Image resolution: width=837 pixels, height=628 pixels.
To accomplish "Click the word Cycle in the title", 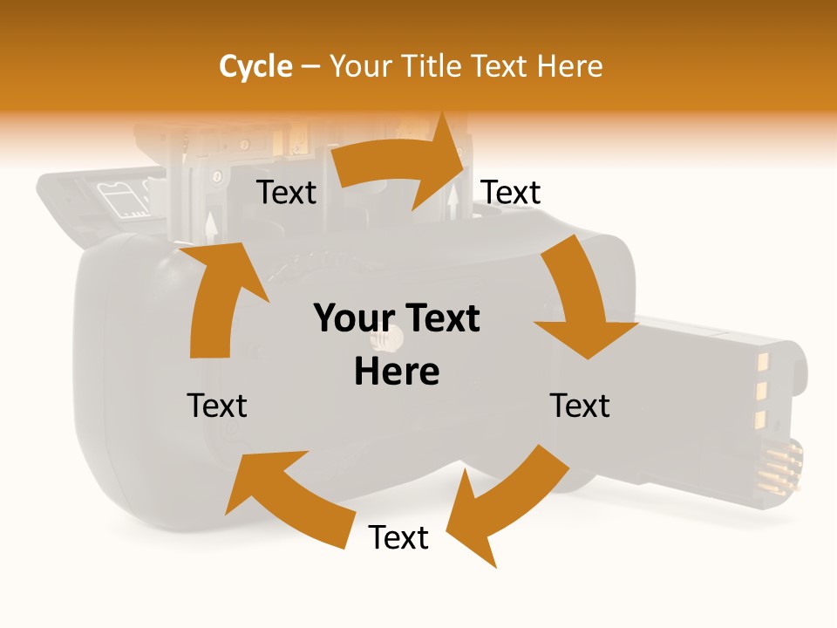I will (x=255, y=66).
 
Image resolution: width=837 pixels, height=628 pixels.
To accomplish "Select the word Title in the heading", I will (x=433, y=66).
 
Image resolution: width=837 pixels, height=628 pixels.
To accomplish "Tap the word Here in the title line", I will (x=569, y=66).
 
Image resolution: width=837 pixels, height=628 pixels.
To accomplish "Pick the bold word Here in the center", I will (x=397, y=372).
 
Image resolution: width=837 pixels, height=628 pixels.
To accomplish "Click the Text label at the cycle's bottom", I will (x=398, y=538).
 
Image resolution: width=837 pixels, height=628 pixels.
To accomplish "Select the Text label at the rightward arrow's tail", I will (x=287, y=192).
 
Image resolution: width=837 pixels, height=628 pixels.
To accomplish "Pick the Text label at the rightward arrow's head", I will (x=512, y=192).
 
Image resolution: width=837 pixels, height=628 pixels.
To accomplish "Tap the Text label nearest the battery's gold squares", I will (x=580, y=406).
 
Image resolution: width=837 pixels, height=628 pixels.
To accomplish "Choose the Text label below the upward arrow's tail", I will (x=217, y=406).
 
